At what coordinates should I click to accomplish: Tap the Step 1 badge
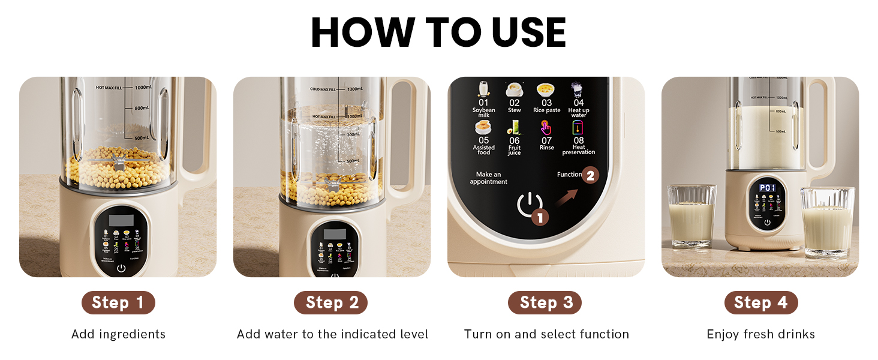tap(118, 302)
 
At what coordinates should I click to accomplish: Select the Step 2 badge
tap(330, 302)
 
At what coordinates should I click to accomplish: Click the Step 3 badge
tap(545, 302)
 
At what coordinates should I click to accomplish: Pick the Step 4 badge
tap(761, 302)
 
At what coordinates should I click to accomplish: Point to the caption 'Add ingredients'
tap(118, 334)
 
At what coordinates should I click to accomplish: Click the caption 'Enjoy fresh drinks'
tap(760, 334)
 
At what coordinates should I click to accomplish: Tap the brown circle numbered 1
tap(540, 217)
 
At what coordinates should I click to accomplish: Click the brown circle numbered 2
tap(590, 175)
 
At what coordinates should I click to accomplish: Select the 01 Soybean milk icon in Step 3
tap(483, 89)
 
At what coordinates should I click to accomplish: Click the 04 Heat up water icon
tap(578, 89)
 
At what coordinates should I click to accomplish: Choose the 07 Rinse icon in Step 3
tap(546, 127)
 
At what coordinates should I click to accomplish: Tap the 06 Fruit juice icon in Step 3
tap(515, 127)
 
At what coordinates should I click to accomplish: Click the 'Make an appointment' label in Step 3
tap(488, 178)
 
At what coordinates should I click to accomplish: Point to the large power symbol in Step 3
tap(528, 204)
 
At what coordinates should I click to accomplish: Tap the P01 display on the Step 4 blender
tap(767, 188)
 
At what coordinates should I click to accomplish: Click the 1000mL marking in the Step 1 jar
tap(143, 88)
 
